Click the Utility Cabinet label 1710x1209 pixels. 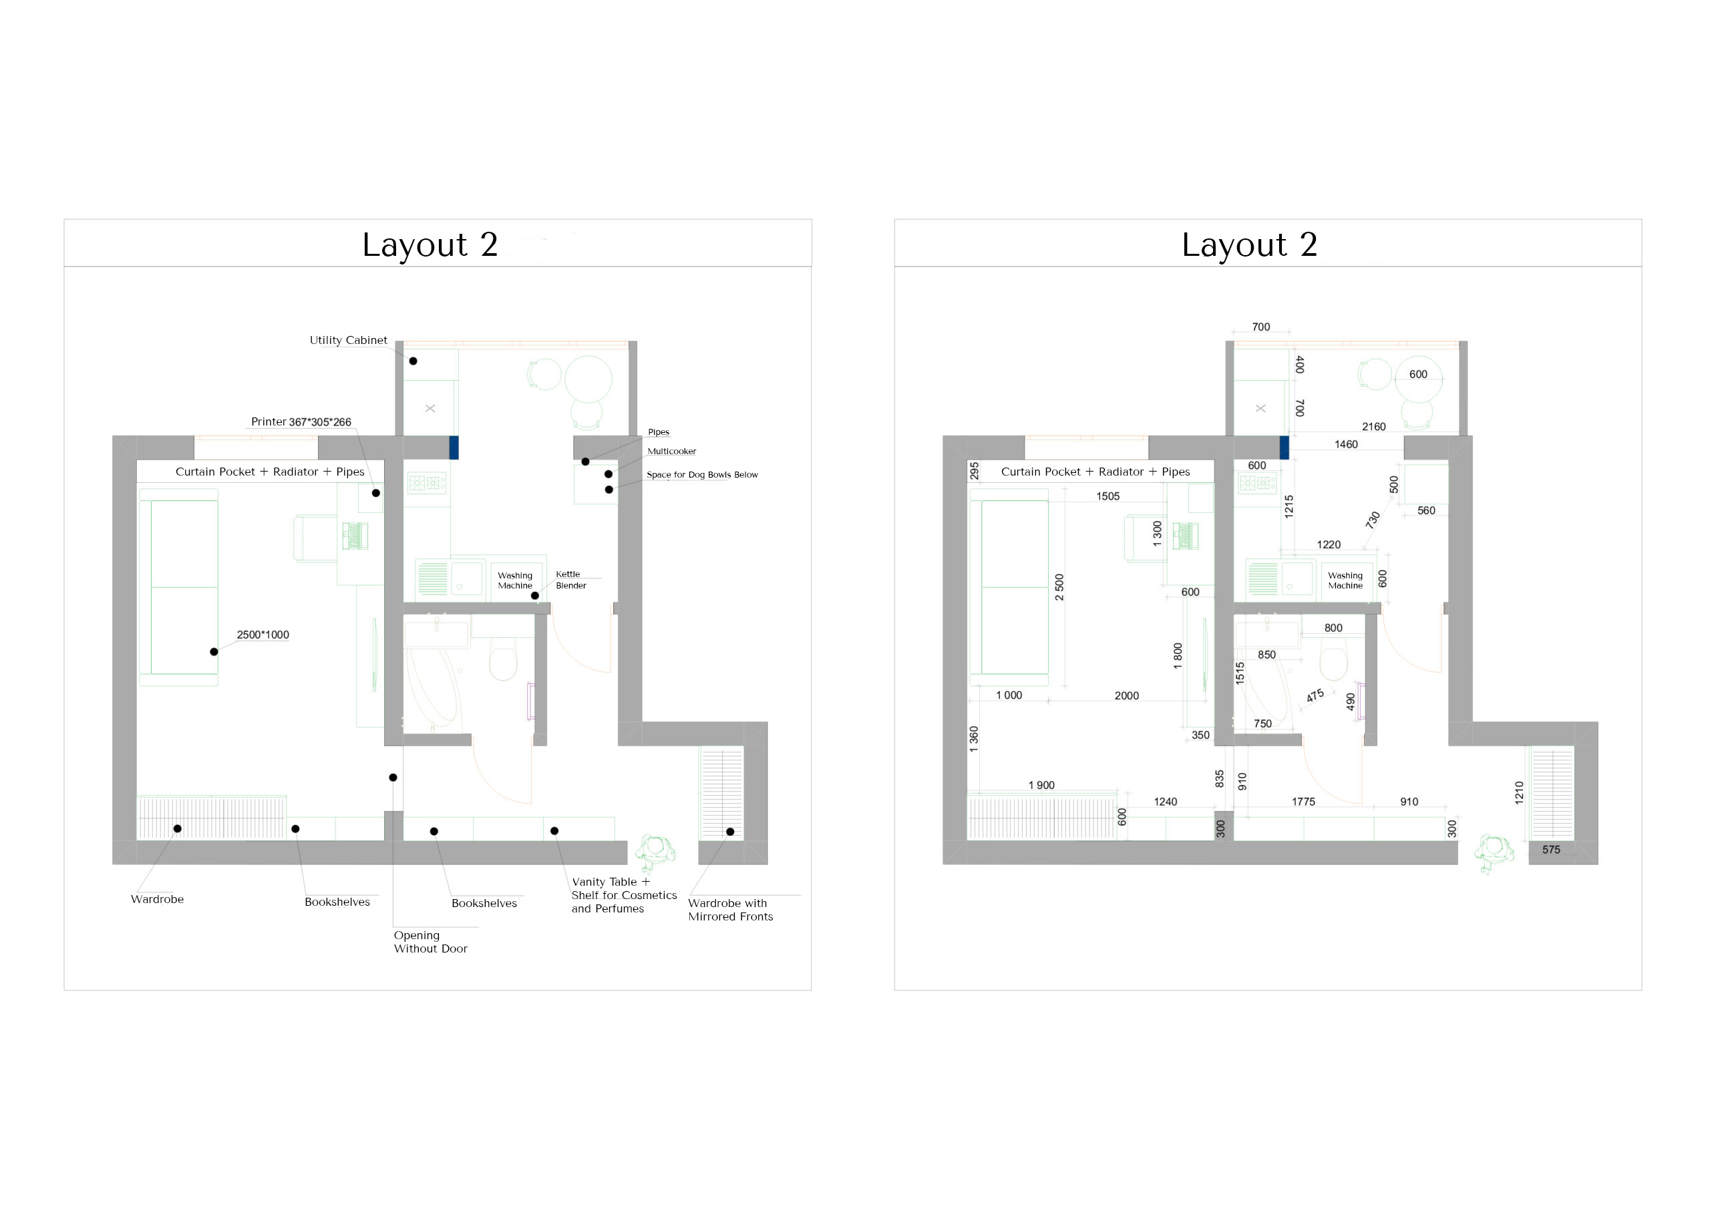click(348, 341)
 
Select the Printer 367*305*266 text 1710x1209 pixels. click(301, 421)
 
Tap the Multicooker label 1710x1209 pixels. click(672, 452)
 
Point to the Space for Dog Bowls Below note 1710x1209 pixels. click(702, 474)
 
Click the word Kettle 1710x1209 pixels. click(568, 574)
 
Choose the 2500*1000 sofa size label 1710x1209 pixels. click(263, 635)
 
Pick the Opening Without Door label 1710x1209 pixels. click(430, 942)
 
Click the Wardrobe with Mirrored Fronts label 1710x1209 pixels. click(731, 910)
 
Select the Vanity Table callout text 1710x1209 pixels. click(624, 894)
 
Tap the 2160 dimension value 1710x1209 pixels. click(1373, 427)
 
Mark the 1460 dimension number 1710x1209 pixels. click(1346, 445)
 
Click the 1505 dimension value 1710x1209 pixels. click(1107, 496)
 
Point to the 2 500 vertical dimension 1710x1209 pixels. click(1059, 587)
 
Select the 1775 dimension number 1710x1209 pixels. click(1303, 802)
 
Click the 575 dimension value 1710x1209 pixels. click(1552, 849)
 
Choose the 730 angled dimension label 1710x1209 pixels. click(1373, 519)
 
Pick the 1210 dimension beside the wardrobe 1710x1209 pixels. click(1520, 793)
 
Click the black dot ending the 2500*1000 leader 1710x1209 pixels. click(214, 652)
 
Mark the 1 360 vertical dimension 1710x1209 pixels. click(973, 739)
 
